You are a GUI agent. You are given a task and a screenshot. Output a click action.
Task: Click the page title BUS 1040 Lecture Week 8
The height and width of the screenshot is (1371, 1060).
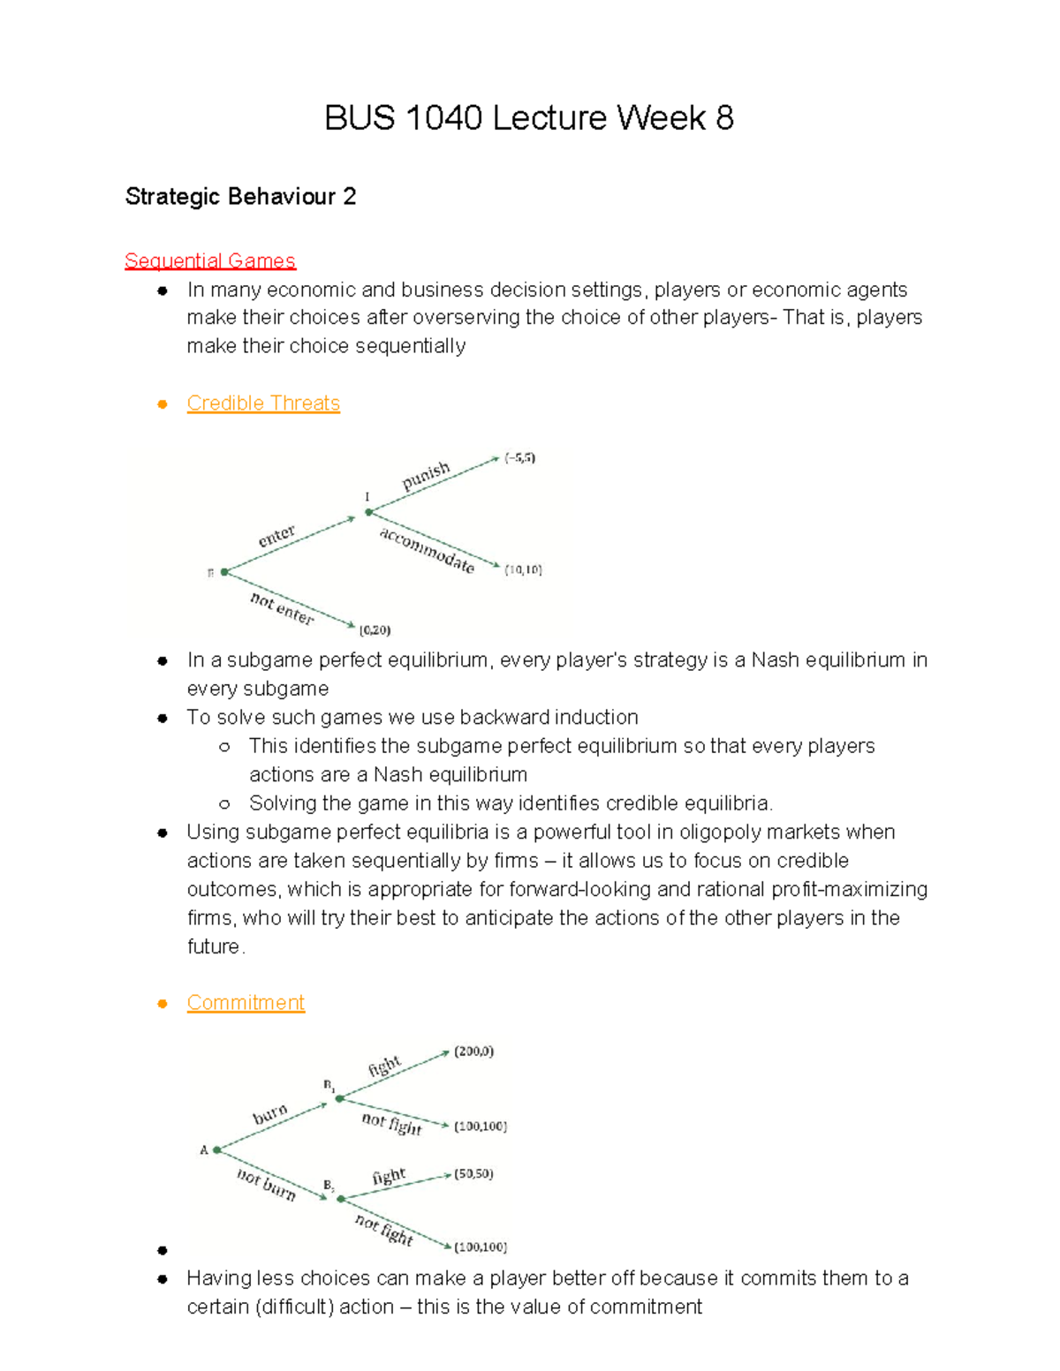click(528, 117)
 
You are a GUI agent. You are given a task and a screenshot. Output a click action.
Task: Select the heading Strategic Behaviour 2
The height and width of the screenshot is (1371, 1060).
click(240, 196)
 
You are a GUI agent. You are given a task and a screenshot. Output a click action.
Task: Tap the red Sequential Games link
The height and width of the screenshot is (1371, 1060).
click(210, 260)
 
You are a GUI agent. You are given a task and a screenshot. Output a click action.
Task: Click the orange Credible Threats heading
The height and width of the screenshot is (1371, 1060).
click(263, 403)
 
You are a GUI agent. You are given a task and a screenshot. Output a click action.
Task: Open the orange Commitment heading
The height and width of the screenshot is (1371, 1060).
click(246, 1003)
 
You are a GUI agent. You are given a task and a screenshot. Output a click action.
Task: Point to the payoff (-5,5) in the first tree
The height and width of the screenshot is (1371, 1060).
click(519, 458)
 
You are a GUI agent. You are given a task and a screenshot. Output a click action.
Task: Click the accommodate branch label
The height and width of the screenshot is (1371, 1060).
click(428, 550)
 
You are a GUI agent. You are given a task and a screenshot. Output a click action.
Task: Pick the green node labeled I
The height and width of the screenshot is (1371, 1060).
click(369, 512)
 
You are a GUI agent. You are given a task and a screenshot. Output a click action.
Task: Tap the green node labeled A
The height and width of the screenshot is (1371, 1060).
click(217, 1149)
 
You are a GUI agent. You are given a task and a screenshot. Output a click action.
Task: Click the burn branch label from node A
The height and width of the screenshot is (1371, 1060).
click(270, 1114)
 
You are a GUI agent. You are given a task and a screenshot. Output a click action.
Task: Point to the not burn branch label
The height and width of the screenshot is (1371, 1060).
click(266, 1183)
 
